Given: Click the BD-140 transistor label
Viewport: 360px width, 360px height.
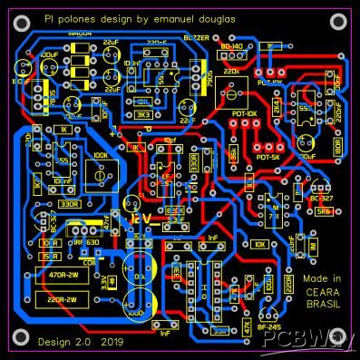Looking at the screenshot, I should pyautogui.click(x=232, y=45).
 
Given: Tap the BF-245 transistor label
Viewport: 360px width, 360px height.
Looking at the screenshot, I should pyautogui.click(x=268, y=325).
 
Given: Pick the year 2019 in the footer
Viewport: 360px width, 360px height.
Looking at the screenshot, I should pyautogui.click(x=112, y=342).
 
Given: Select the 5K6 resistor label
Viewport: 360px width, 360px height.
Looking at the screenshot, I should pyautogui.click(x=323, y=212).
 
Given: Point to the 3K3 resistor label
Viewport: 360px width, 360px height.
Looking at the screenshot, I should pyautogui.click(x=145, y=115).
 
